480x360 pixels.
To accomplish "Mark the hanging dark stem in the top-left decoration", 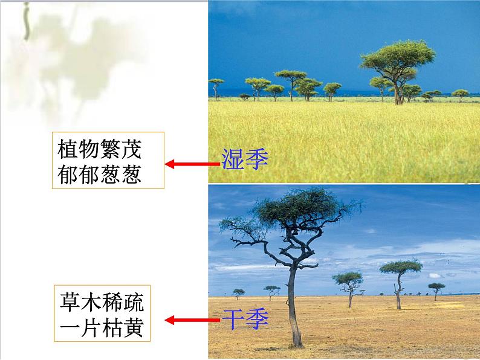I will pyautogui.click(x=26, y=21).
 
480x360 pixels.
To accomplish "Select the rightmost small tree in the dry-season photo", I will pyautogui.click(x=436, y=289).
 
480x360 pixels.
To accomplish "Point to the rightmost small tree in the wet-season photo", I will pyautogui.click(x=460, y=94).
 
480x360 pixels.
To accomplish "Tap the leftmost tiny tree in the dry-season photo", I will pyautogui.click(x=239, y=293).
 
